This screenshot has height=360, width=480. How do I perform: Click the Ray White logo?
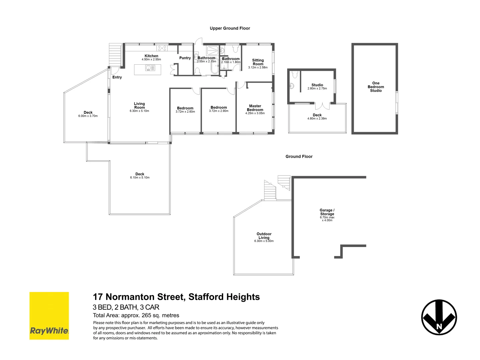(x=49, y=316)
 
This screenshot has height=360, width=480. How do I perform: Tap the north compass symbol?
(x=439, y=317)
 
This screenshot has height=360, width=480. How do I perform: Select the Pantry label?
(x=185, y=58)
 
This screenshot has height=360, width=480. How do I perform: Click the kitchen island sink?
(x=148, y=68)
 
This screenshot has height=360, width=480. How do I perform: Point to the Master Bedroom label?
(x=255, y=108)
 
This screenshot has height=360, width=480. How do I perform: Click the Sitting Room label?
(x=258, y=62)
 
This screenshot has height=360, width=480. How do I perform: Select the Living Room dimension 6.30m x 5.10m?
(x=139, y=111)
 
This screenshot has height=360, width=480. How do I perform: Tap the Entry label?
(x=117, y=77)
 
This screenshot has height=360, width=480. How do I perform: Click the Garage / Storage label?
(x=327, y=212)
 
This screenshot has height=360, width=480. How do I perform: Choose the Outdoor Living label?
(x=264, y=236)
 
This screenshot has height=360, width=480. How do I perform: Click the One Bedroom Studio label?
(x=376, y=87)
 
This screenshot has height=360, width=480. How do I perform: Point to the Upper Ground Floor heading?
(x=230, y=28)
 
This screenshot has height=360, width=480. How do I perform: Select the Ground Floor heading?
(x=299, y=156)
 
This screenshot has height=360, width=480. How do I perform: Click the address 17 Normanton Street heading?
(x=176, y=297)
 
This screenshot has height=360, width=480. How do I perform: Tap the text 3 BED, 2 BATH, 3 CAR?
(x=126, y=307)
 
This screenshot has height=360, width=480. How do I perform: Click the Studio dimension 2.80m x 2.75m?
(x=317, y=89)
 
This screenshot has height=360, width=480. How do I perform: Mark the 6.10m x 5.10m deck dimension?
(x=140, y=178)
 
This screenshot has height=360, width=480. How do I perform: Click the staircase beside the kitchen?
(x=115, y=56)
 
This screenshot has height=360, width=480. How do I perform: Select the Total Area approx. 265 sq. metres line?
(x=136, y=315)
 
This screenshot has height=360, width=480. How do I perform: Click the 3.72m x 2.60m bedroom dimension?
(x=185, y=112)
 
